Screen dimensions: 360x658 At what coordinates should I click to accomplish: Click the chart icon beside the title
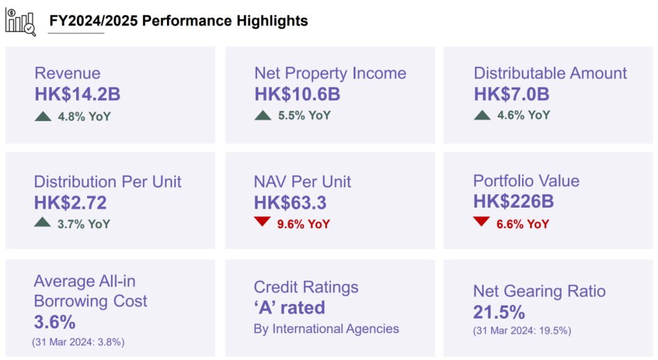(x=20, y=21)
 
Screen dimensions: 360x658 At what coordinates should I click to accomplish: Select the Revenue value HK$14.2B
(x=77, y=94)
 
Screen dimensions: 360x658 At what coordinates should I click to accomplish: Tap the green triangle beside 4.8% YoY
(x=43, y=115)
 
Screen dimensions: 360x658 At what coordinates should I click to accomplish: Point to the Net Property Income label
(x=330, y=74)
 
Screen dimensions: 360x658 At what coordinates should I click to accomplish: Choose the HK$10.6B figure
(x=297, y=94)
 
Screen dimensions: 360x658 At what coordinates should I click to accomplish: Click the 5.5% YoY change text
(x=303, y=115)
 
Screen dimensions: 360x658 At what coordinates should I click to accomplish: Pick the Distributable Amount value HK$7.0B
(x=511, y=94)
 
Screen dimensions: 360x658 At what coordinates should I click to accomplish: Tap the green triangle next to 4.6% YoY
(x=482, y=115)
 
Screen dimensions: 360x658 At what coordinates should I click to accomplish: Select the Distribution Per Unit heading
(x=108, y=182)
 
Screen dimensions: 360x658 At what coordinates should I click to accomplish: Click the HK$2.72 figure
(x=70, y=202)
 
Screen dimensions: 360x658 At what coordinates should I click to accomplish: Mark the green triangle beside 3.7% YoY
(x=43, y=223)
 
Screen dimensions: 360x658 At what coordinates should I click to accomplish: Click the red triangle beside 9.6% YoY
(x=263, y=222)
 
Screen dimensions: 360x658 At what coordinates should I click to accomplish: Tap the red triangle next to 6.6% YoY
(x=481, y=222)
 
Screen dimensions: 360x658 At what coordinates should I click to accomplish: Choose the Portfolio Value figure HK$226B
(x=514, y=202)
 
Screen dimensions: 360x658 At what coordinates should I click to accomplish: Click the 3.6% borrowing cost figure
(x=55, y=322)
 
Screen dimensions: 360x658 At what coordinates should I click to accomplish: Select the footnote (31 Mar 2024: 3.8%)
(x=78, y=342)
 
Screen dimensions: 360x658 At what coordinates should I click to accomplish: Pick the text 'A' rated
(x=289, y=308)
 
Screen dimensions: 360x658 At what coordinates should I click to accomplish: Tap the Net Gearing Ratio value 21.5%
(x=499, y=312)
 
